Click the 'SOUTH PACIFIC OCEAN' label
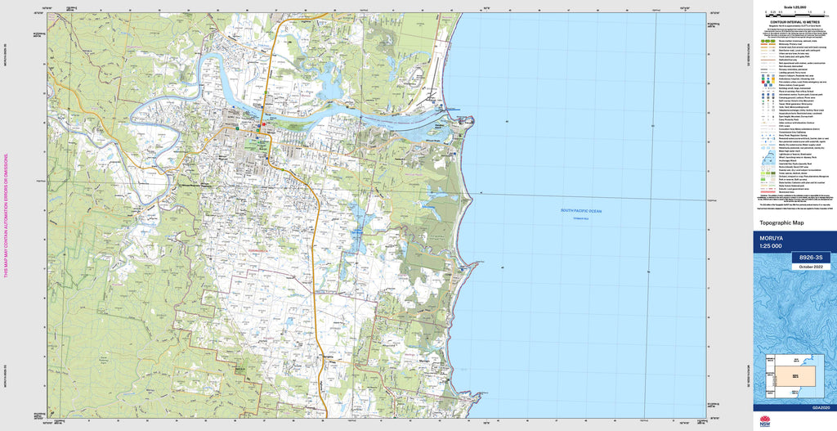[581, 211]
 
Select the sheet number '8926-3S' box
[810, 258]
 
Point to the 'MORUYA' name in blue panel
[772, 238]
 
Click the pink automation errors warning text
[7, 216]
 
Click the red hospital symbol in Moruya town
[237, 128]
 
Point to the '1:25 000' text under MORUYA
[771, 246]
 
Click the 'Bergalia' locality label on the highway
[329, 357]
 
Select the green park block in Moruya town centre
[261, 145]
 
